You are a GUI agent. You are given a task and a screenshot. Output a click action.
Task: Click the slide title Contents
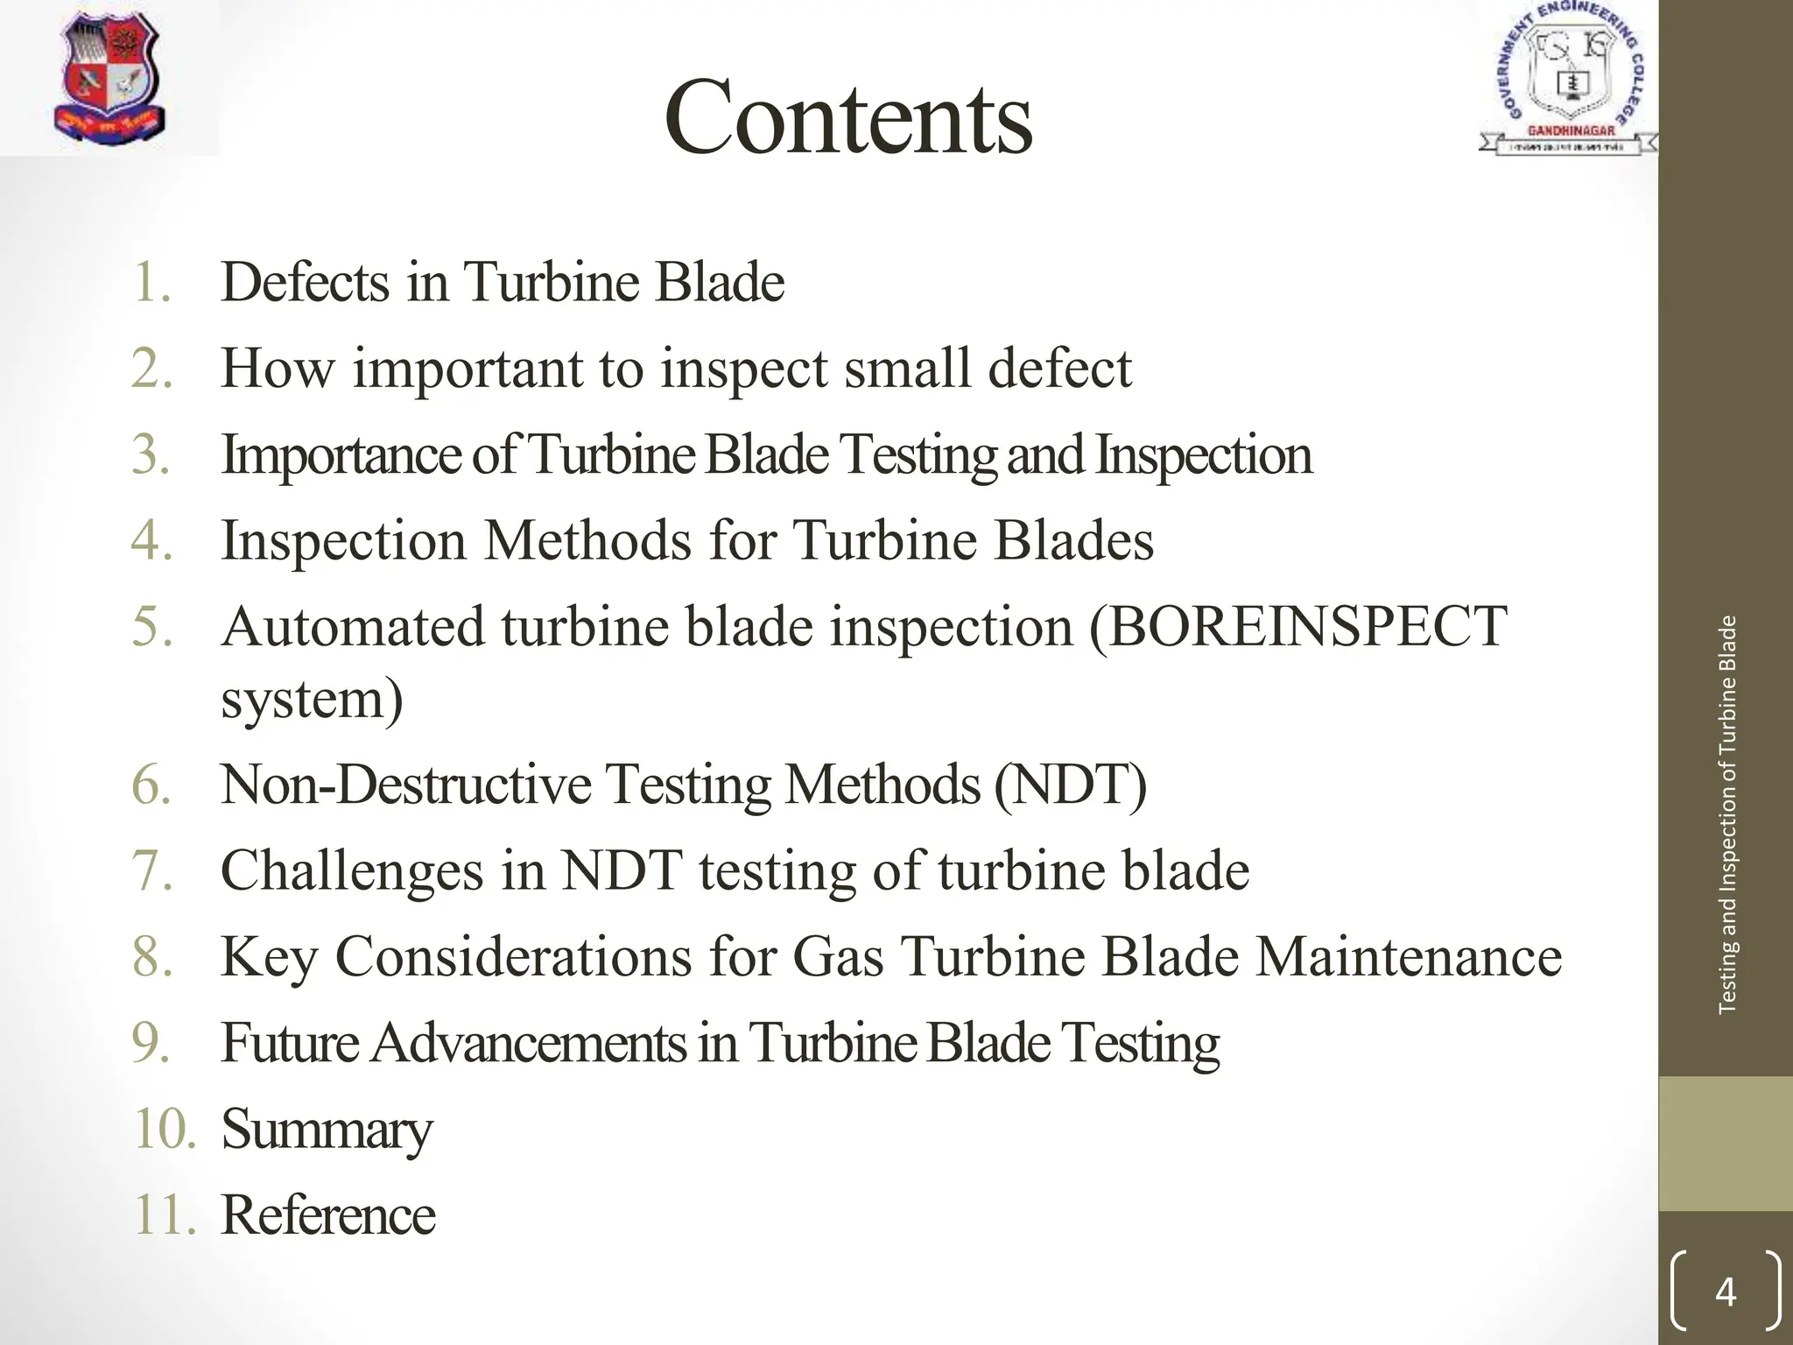click(847, 117)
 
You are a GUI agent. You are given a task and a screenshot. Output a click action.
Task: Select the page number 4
click(1725, 1292)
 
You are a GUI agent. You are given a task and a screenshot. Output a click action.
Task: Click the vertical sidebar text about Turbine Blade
click(1726, 814)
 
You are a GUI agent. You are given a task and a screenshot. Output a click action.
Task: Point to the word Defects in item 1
click(305, 282)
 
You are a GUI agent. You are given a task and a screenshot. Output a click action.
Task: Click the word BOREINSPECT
click(1297, 627)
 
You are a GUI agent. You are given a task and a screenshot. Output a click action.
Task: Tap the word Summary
click(327, 1129)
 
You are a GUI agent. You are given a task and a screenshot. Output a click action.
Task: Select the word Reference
click(328, 1215)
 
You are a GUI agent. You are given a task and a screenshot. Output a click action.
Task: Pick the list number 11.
click(165, 1215)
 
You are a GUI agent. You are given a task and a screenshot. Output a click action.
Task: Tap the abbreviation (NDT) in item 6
click(1070, 784)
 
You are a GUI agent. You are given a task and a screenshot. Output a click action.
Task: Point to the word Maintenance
click(1409, 956)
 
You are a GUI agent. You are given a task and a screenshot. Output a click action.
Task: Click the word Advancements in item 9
click(529, 1043)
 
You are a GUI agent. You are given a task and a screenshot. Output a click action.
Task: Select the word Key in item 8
click(269, 956)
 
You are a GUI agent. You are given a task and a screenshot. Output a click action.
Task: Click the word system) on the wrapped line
click(312, 701)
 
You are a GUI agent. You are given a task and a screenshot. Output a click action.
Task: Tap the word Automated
click(352, 627)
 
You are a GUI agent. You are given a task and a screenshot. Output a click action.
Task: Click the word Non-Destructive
click(406, 784)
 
